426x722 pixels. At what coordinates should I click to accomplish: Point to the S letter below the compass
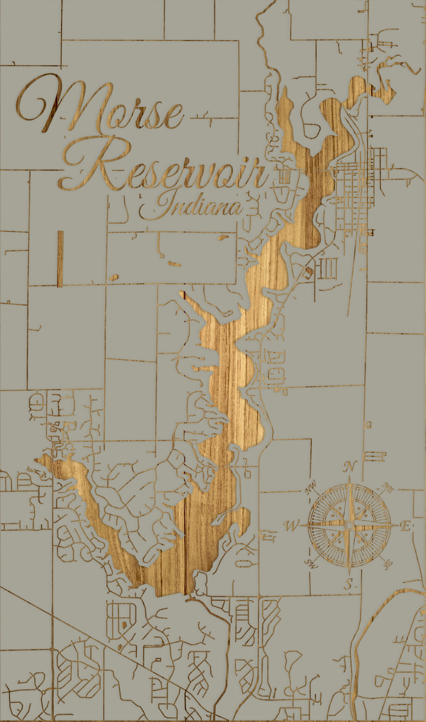tap(349, 584)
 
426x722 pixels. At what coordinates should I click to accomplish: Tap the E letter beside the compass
tap(405, 526)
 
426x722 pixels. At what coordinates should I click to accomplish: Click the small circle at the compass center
tap(349, 525)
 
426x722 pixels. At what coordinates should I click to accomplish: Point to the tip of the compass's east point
tap(398, 525)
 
